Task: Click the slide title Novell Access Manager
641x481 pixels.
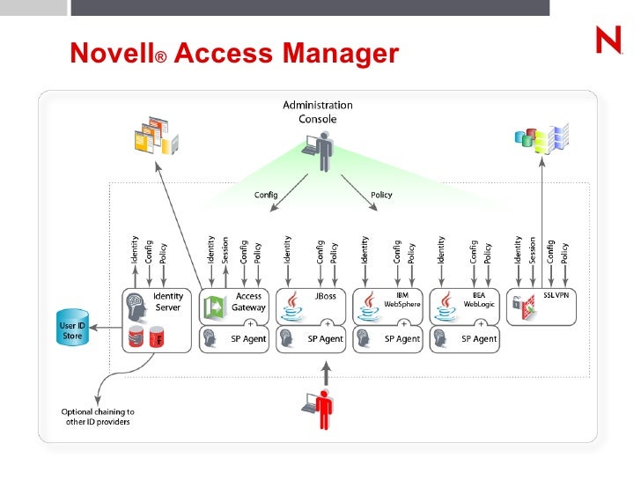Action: [x=234, y=55]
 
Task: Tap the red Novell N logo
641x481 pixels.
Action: [x=608, y=41]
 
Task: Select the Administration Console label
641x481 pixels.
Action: [x=317, y=112]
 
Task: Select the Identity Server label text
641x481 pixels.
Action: [x=167, y=302]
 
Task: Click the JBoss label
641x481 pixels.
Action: [x=324, y=296]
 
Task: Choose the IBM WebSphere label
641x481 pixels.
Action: [x=402, y=300]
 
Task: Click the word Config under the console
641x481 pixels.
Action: [x=266, y=195]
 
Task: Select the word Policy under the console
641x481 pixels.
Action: [x=381, y=195]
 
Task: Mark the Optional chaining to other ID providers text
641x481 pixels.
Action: [x=98, y=417]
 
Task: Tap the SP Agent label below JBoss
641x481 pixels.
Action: [x=325, y=339]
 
